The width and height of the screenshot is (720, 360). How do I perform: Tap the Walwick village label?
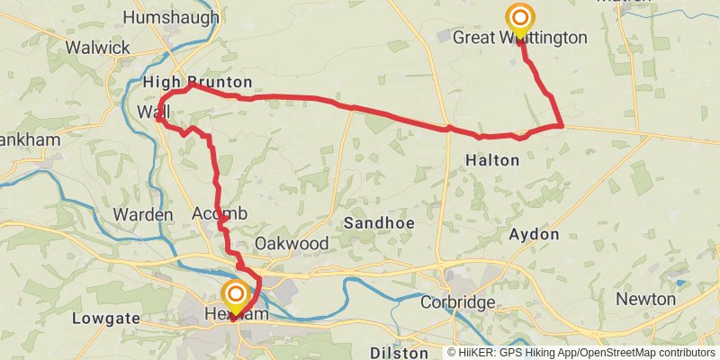coord(99,46)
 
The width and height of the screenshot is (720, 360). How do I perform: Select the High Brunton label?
coord(198,83)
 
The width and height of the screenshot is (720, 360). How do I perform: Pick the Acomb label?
coord(219,214)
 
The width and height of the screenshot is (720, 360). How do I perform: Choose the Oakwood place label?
coord(291,244)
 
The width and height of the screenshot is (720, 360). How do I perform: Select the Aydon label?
coord(534,234)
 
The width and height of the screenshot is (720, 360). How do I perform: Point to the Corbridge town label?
coord(458,302)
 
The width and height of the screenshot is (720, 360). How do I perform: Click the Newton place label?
coord(646,299)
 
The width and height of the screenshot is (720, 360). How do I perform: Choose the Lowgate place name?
coord(105,318)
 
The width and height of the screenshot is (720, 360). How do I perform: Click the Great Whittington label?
coord(519,38)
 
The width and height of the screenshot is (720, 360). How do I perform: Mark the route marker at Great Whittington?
coord(519,18)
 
